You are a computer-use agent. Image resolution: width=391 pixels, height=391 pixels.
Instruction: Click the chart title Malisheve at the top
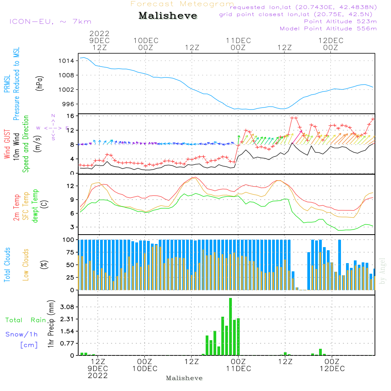click(168, 16)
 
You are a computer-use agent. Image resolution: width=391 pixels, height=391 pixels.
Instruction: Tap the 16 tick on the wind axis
click(70, 116)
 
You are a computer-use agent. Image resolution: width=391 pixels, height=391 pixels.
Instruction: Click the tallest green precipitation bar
click(231, 326)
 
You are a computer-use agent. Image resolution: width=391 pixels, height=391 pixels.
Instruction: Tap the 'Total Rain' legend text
click(25, 320)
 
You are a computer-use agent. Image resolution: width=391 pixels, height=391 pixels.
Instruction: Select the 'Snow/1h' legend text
click(22, 334)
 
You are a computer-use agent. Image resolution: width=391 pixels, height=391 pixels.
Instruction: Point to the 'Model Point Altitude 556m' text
click(328, 29)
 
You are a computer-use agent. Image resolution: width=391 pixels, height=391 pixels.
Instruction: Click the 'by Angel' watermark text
click(382, 271)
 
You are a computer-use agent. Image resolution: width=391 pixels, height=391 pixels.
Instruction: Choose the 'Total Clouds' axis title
click(7, 265)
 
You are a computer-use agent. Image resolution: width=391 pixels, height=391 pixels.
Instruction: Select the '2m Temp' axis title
click(17, 208)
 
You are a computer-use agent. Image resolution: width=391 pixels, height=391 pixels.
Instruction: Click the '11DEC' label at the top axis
click(238, 40)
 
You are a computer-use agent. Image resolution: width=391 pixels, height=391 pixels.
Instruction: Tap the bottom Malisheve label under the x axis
click(184, 378)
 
